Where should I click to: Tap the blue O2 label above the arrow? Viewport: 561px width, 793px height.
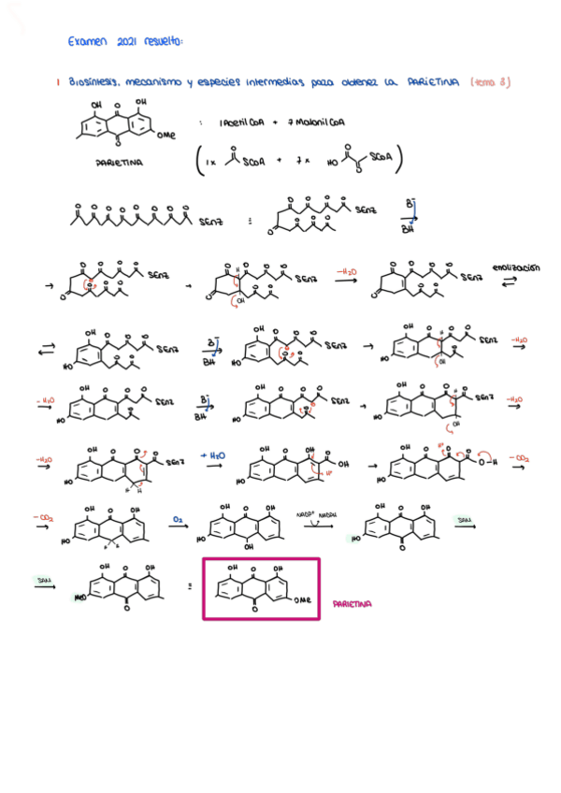click(177, 516)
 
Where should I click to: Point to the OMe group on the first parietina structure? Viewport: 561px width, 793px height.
click(166, 135)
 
